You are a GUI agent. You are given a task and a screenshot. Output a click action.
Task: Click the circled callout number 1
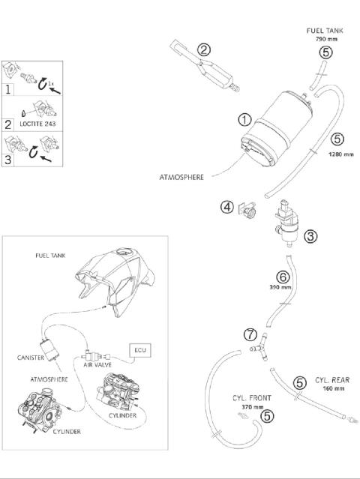[x=244, y=119]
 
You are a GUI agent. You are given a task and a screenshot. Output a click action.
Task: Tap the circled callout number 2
[x=203, y=50]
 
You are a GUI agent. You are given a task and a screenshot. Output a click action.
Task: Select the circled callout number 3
[x=310, y=235]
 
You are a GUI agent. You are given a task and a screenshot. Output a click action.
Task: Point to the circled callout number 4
[x=227, y=206]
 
